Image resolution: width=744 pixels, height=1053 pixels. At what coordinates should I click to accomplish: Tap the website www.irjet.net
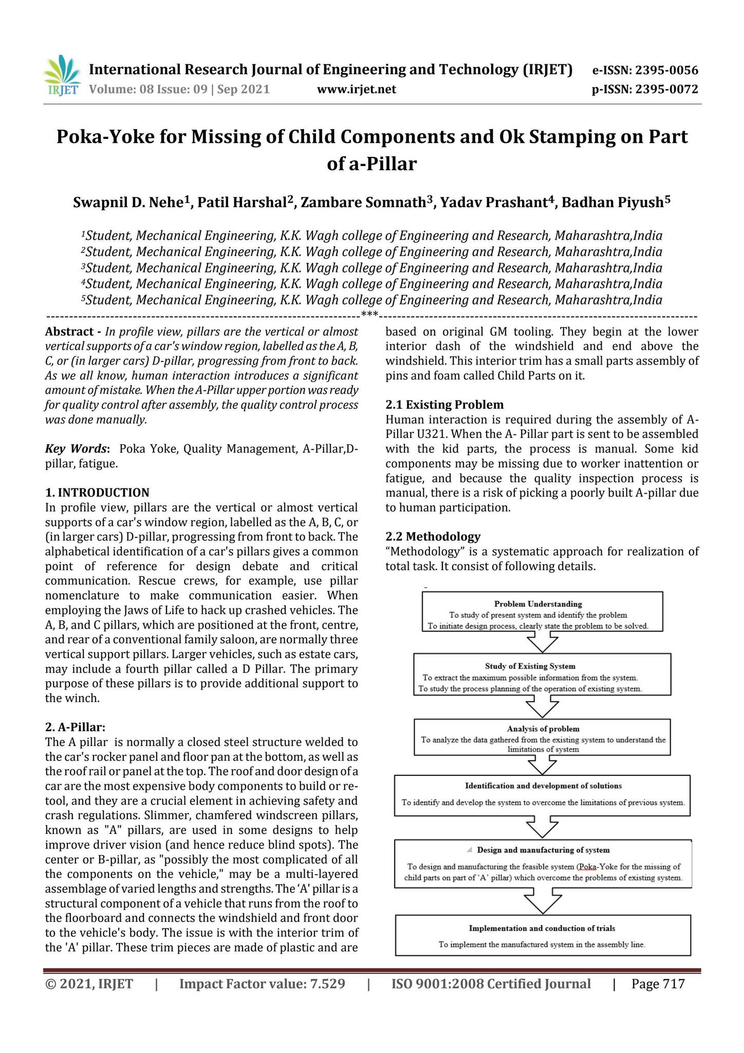357,89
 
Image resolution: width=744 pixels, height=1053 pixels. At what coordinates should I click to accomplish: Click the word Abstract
66,332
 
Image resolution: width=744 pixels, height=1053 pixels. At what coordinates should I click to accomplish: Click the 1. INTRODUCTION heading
97,493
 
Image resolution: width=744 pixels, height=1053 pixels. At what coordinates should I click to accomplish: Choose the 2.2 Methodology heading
433,537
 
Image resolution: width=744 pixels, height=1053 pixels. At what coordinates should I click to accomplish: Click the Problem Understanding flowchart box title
537,604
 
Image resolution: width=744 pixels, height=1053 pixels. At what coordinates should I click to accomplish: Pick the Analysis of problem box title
543,729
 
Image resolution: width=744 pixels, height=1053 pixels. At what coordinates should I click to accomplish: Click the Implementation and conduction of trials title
542,928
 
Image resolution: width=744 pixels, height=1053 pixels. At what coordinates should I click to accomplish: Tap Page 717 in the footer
658,984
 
